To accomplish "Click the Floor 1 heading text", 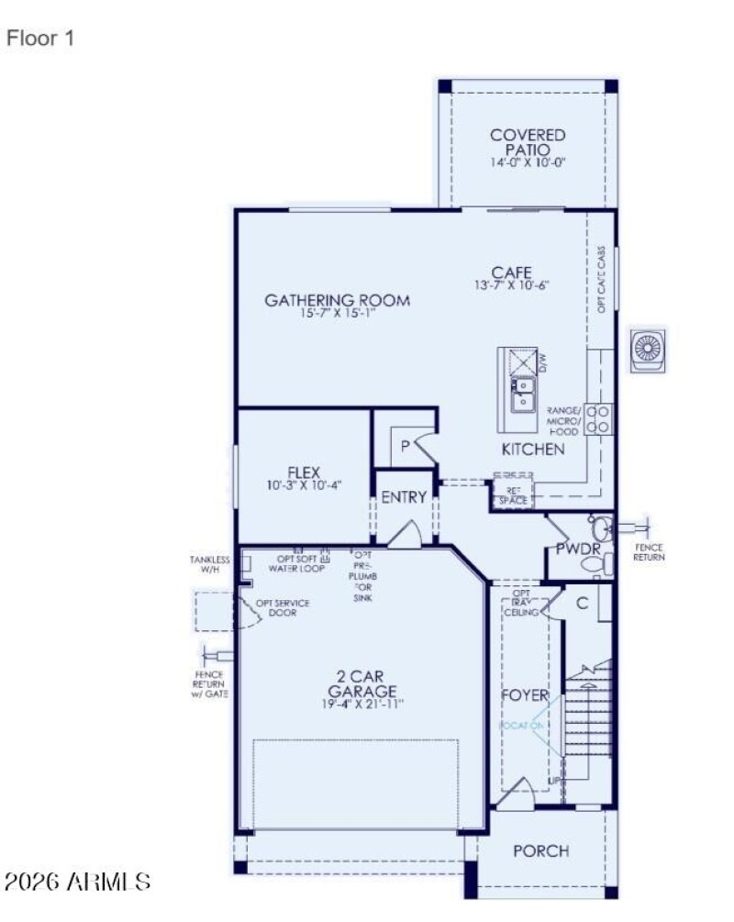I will coord(39,39).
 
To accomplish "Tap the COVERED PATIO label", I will coord(528,142).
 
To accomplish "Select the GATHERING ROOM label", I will coord(337,300).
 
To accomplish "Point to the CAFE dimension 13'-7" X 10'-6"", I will coord(512,285).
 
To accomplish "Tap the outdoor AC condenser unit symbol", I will coord(648,349).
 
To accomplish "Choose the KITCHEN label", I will coord(532,450).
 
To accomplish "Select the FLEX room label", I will coord(304,472).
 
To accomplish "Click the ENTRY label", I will coord(404,497).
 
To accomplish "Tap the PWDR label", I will coord(578,549).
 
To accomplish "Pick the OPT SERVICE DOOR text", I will coord(283,607).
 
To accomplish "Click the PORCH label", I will coord(540,850).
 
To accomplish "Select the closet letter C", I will coord(581,603).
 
